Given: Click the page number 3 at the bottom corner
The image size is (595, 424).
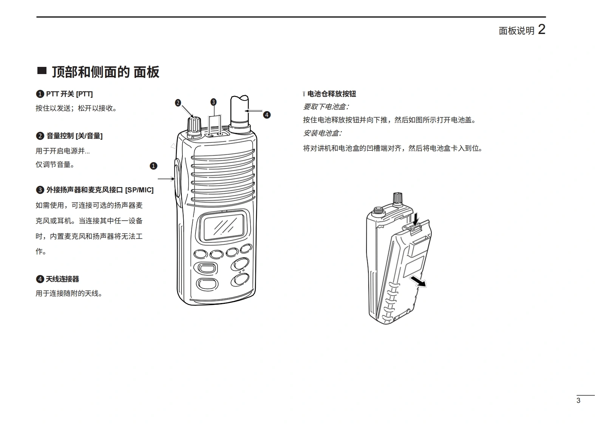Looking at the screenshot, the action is tap(578, 400).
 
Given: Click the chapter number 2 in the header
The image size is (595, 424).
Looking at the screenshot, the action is tap(542, 29).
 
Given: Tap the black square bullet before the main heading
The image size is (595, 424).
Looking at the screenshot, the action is tap(42, 71).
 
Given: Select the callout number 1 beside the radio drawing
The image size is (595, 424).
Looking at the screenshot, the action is tap(153, 166).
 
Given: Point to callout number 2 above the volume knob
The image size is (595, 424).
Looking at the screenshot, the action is tap(178, 103).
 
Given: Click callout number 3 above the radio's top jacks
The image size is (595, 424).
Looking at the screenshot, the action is tap(213, 102).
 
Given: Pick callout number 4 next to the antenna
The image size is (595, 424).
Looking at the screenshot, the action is tap(267, 115).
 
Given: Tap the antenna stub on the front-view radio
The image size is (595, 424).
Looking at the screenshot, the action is tap(240, 113).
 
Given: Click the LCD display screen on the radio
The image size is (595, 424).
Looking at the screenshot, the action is tap(224, 227).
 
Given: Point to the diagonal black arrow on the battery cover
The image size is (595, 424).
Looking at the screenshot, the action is tap(418, 281).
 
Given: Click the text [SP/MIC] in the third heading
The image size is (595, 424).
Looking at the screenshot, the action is tap(139, 190).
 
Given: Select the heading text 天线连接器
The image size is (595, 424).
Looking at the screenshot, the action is tap(62, 279).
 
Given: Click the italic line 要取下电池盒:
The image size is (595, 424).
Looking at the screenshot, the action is tap(326, 107).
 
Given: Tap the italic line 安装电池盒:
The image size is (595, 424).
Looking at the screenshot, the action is tap(323, 133).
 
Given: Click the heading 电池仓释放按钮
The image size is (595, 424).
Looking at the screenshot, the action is tap(332, 94).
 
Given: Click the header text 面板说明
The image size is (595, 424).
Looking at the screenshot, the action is tap(516, 31).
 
